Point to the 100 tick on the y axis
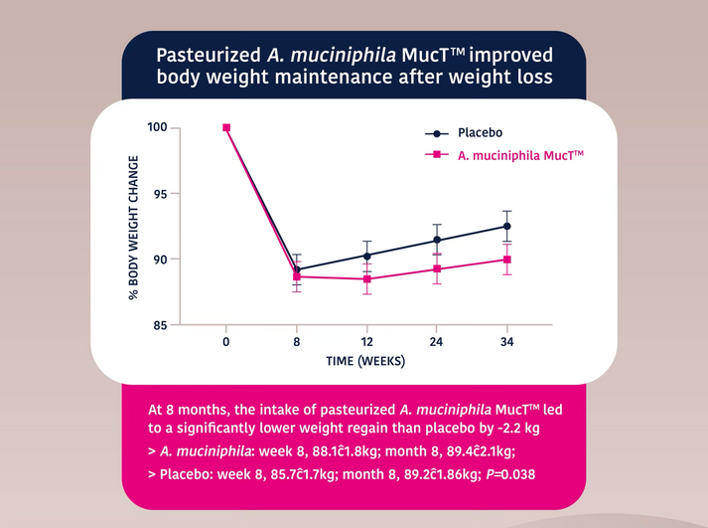[x=156, y=127]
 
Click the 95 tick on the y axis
[x=160, y=194]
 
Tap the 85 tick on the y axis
[x=160, y=325]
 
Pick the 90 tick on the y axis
[x=160, y=260]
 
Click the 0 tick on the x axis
[x=226, y=342]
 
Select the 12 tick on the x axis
[x=366, y=342]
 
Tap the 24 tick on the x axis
[x=437, y=342]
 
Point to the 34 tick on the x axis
[x=507, y=342]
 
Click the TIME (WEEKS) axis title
[x=366, y=361]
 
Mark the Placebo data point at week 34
[x=507, y=227]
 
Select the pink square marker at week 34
[x=507, y=260]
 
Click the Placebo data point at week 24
[x=437, y=240]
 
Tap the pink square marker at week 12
[x=366, y=279]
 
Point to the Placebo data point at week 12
[x=366, y=256]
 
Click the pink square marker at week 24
[x=437, y=268]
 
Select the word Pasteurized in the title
[x=206, y=54]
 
